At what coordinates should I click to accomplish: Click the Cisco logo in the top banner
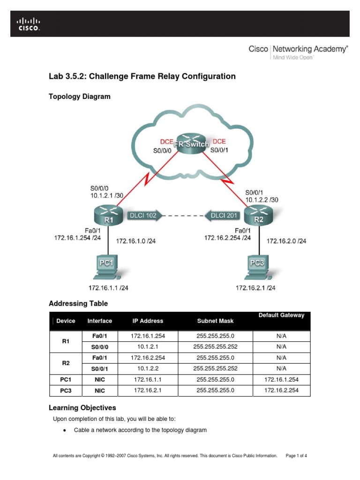point(29,24)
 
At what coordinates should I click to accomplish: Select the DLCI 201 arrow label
point(223,216)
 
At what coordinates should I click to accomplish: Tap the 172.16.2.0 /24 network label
point(286,241)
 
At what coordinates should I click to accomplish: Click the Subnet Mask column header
point(215,321)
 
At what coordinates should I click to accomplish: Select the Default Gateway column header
point(281,315)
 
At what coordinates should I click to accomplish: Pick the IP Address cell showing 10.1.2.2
point(148,368)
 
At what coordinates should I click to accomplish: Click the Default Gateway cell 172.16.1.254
point(281,379)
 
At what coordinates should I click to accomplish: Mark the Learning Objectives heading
point(82,408)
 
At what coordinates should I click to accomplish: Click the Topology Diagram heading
point(80,97)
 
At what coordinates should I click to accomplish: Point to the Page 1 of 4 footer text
point(296,456)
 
